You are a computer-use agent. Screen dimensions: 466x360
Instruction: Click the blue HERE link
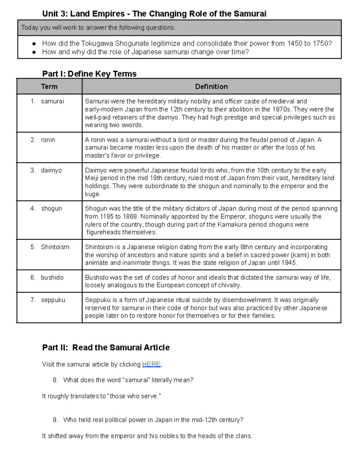coord(151,364)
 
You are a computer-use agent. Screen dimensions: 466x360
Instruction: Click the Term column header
coord(49,87)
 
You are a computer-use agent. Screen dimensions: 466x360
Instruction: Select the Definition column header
coord(211,87)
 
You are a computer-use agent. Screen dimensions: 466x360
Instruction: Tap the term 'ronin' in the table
coord(48,140)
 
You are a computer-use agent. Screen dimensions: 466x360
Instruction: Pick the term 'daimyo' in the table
coord(51,170)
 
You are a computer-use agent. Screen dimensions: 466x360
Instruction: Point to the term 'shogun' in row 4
coord(51,209)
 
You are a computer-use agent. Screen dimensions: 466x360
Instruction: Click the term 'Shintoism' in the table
coord(55,247)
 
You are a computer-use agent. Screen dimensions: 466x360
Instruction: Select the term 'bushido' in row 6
coord(52,278)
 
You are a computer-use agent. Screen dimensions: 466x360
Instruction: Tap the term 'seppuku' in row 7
coord(53,300)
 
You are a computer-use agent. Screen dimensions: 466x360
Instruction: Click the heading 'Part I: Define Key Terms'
coord(89,74)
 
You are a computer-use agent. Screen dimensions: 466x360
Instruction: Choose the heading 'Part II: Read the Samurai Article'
coord(106,347)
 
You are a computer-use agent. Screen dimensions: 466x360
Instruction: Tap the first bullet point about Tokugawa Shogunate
coord(187,44)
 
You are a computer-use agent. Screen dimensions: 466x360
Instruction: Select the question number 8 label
coord(55,380)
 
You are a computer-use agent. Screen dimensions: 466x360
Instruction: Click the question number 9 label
coord(55,420)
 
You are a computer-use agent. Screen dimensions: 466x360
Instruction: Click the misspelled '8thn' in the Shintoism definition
coord(247,247)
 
